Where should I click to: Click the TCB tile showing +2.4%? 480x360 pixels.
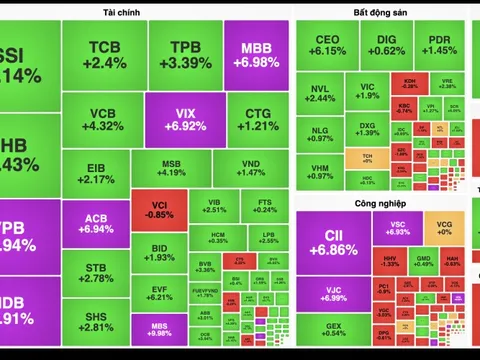click(x=106, y=56)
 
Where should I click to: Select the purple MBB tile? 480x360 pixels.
click(x=257, y=56)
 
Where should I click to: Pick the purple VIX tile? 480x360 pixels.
click(x=186, y=121)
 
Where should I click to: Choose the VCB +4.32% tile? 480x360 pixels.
click(x=106, y=121)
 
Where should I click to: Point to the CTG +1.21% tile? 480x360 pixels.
click(x=257, y=121)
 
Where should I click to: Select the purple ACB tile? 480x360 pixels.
click(x=96, y=223)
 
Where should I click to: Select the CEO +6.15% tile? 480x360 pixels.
click(x=328, y=44)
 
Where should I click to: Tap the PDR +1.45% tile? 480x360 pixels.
click(x=439, y=44)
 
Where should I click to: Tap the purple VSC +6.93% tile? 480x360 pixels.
click(x=397, y=227)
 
